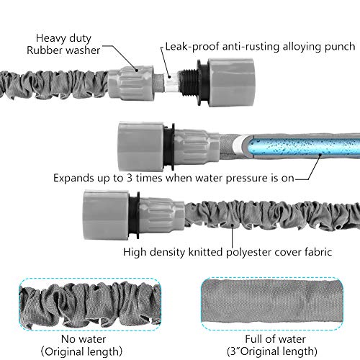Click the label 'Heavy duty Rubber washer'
[x=63, y=44]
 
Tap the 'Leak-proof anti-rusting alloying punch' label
[x=260, y=47]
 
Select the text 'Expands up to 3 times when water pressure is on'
[x=174, y=178]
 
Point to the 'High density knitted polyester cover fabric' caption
[x=228, y=252]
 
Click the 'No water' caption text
[x=84, y=339]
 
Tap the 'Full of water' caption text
[x=275, y=339]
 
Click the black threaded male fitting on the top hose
[x=189, y=82]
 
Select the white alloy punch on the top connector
[x=171, y=83]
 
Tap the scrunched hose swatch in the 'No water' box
[x=90, y=304]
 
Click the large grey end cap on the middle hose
[x=140, y=146]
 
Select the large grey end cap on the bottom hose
[x=106, y=215]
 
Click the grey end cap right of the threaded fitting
[x=231, y=82]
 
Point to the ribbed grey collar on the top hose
[x=130, y=82]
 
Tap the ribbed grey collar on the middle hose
[x=196, y=147]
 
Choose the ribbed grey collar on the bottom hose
[x=162, y=215]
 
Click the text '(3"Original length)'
[x=272, y=351]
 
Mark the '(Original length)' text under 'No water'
[x=81, y=351]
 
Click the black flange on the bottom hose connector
[x=135, y=215]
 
